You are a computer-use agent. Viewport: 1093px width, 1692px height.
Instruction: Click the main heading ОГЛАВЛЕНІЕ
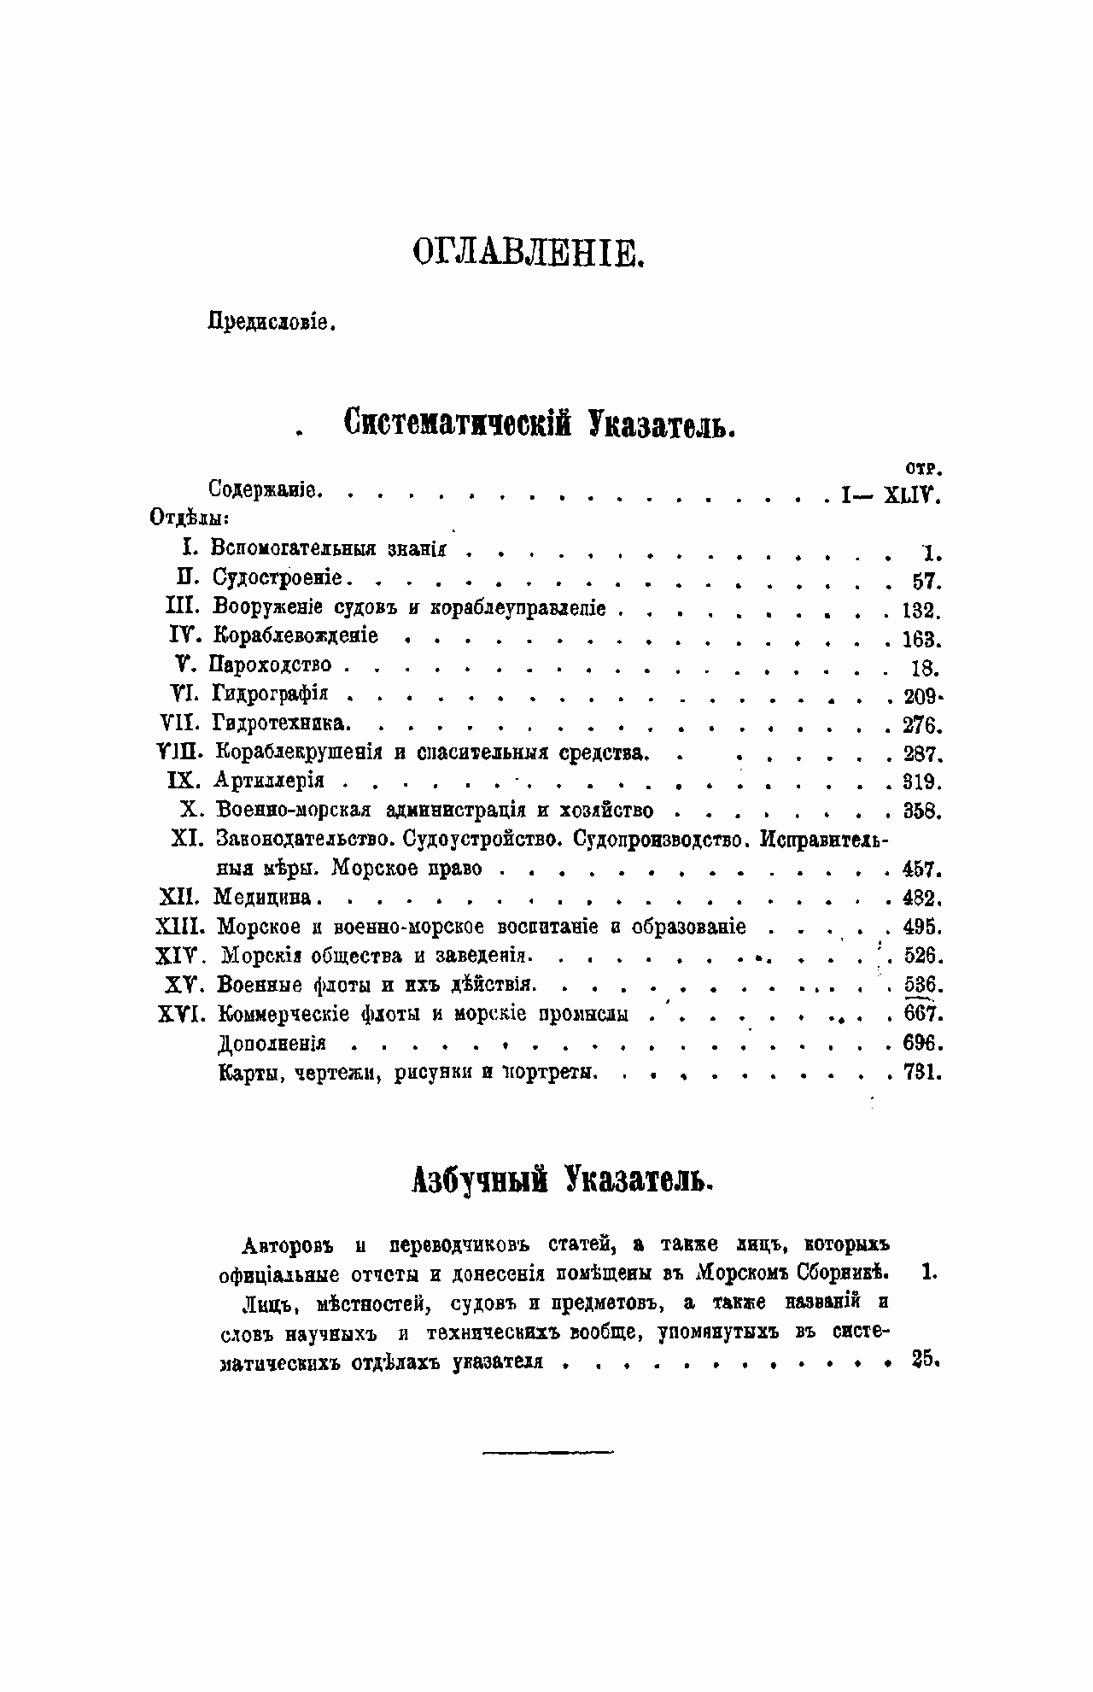(x=527, y=253)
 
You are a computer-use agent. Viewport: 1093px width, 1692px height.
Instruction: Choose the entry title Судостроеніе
(x=278, y=578)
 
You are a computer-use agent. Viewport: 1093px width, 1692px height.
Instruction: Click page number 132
(x=921, y=612)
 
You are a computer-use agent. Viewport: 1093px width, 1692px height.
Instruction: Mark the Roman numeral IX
(x=181, y=782)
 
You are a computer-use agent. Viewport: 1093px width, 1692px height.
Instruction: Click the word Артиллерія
(x=270, y=782)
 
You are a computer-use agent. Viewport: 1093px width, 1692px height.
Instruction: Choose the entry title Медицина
(x=266, y=898)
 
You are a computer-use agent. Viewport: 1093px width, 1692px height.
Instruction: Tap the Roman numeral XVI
(x=178, y=1015)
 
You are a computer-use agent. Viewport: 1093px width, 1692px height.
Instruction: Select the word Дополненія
(x=272, y=1044)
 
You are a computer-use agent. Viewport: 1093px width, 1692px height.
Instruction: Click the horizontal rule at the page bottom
(x=548, y=1451)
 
